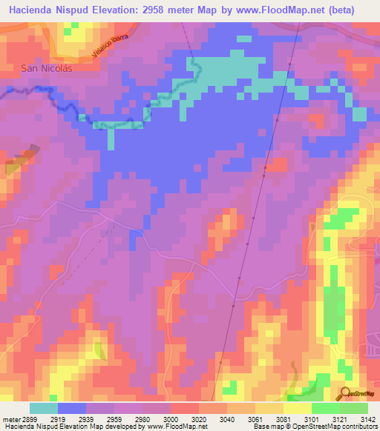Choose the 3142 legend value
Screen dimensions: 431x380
pos(369,418)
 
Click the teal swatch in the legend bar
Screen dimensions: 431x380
pos(44,408)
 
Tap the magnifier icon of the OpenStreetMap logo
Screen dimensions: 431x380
pos(346,392)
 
